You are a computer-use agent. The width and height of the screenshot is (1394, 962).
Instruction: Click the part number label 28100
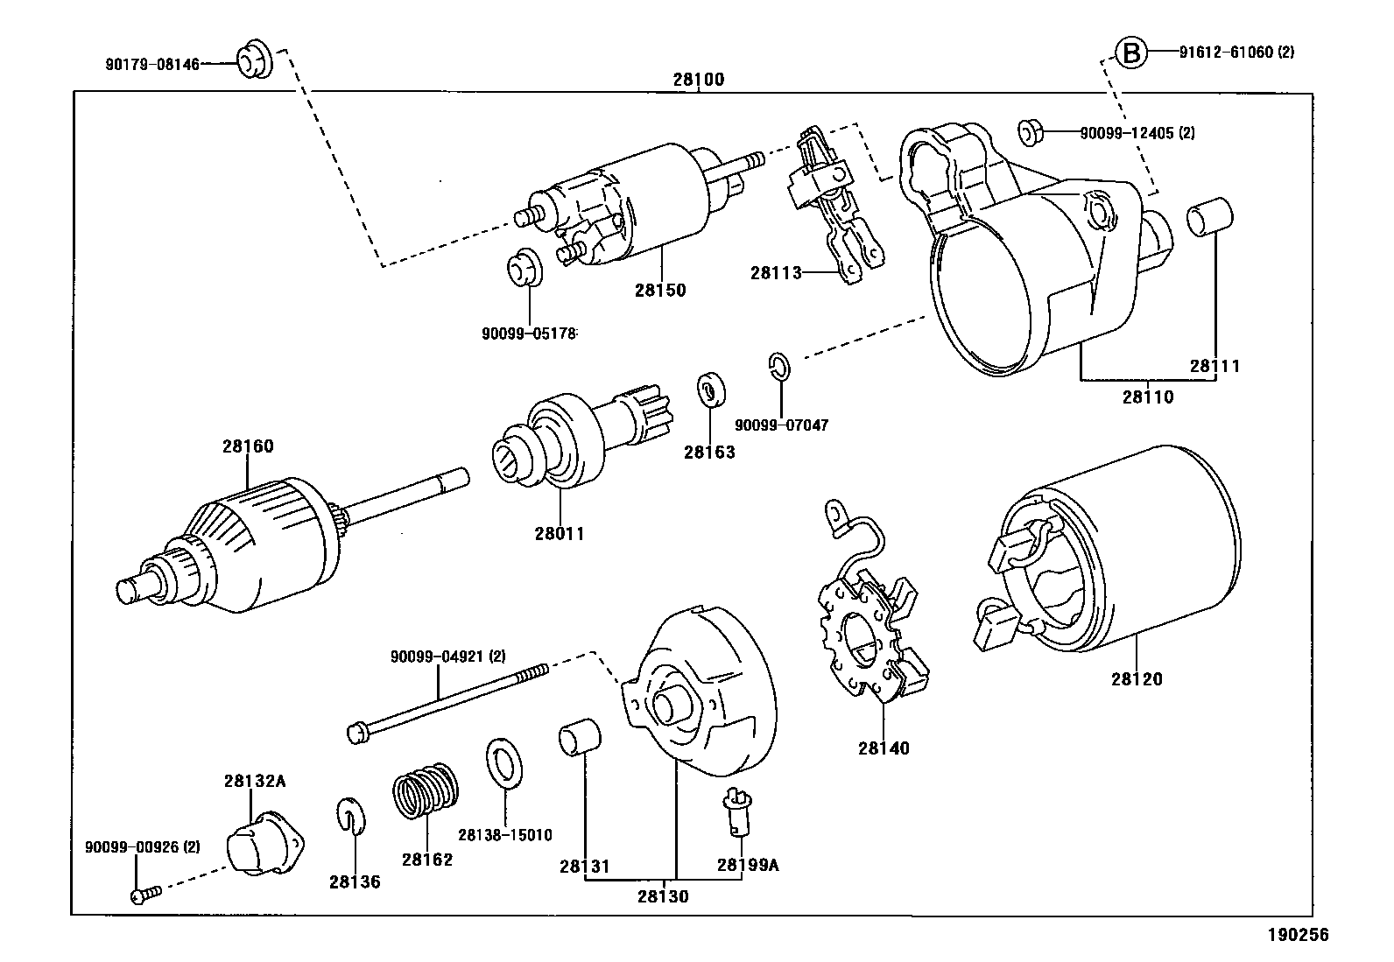point(698,80)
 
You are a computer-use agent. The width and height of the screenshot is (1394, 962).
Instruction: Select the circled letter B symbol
point(1131,54)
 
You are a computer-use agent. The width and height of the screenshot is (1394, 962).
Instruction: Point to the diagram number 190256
point(1299,935)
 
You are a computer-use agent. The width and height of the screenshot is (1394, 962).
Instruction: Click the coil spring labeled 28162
point(426,790)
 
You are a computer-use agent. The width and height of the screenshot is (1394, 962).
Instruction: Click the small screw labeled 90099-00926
point(145,895)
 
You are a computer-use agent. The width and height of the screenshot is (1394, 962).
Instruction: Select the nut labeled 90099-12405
point(1029,132)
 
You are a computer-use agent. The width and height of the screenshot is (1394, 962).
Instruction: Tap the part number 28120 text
point(1137,678)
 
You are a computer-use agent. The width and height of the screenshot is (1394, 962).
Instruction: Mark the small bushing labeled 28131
point(580,737)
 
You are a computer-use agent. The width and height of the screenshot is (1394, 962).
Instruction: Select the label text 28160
point(248,446)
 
